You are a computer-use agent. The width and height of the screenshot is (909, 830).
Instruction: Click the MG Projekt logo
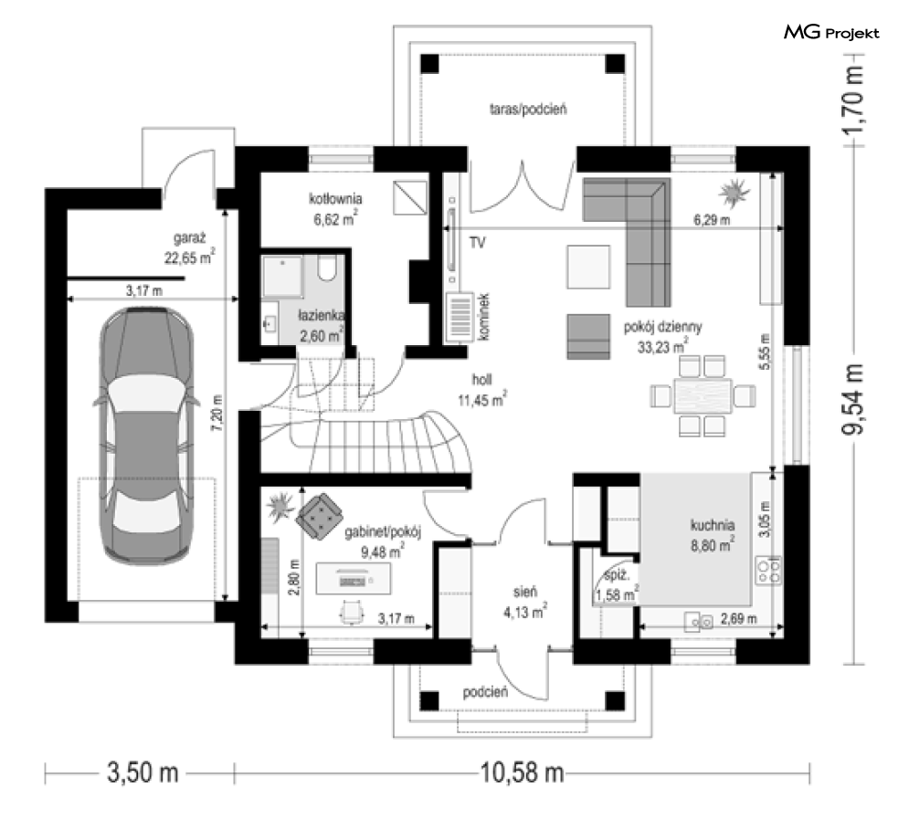coord(831,32)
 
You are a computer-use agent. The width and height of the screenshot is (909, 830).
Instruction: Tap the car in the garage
coord(145,435)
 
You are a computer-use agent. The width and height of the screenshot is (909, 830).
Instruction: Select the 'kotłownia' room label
coord(335,199)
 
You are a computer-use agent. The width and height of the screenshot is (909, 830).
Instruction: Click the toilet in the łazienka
coord(328,269)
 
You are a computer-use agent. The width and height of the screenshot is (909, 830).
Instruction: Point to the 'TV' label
coord(477,243)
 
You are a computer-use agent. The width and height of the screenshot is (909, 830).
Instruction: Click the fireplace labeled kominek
coord(460,317)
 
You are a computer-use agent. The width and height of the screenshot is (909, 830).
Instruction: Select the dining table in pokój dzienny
coord(702,396)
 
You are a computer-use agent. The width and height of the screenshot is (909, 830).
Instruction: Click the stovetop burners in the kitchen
coord(768,571)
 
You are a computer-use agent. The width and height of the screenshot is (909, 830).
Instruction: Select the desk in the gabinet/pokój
coord(353,578)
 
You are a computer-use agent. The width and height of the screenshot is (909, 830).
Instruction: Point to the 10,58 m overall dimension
coord(523,772)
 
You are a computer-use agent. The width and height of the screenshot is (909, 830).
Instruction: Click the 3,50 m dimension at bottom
coord(143,772)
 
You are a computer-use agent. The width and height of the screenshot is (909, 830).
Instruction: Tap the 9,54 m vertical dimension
coord(852,399)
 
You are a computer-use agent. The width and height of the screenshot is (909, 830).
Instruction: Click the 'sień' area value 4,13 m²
coord(525,612)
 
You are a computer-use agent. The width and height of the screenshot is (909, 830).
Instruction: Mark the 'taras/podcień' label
coord(528,109)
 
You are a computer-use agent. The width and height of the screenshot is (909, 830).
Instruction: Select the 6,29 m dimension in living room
coord(712,220)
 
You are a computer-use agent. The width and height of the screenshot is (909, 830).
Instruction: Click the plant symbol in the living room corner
coord(735,193)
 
